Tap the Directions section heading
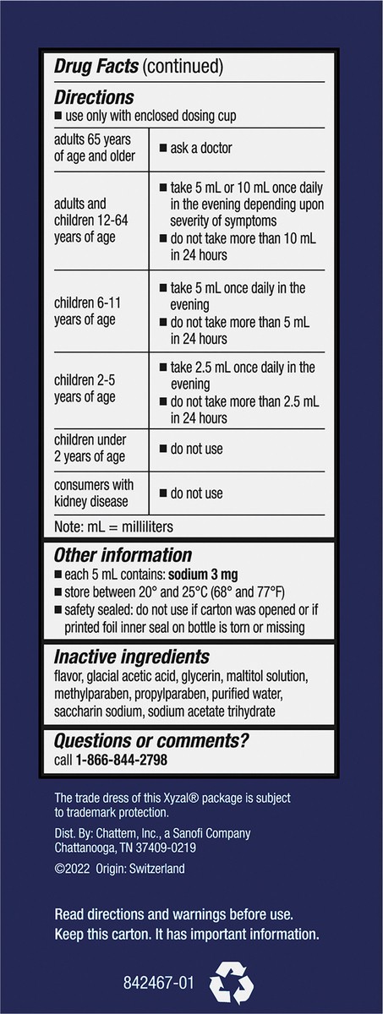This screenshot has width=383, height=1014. (94, 97)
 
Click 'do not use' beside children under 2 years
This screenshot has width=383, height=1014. (196, 449)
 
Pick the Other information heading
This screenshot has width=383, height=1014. (123, 555)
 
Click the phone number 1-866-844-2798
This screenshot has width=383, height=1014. (122, 760)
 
